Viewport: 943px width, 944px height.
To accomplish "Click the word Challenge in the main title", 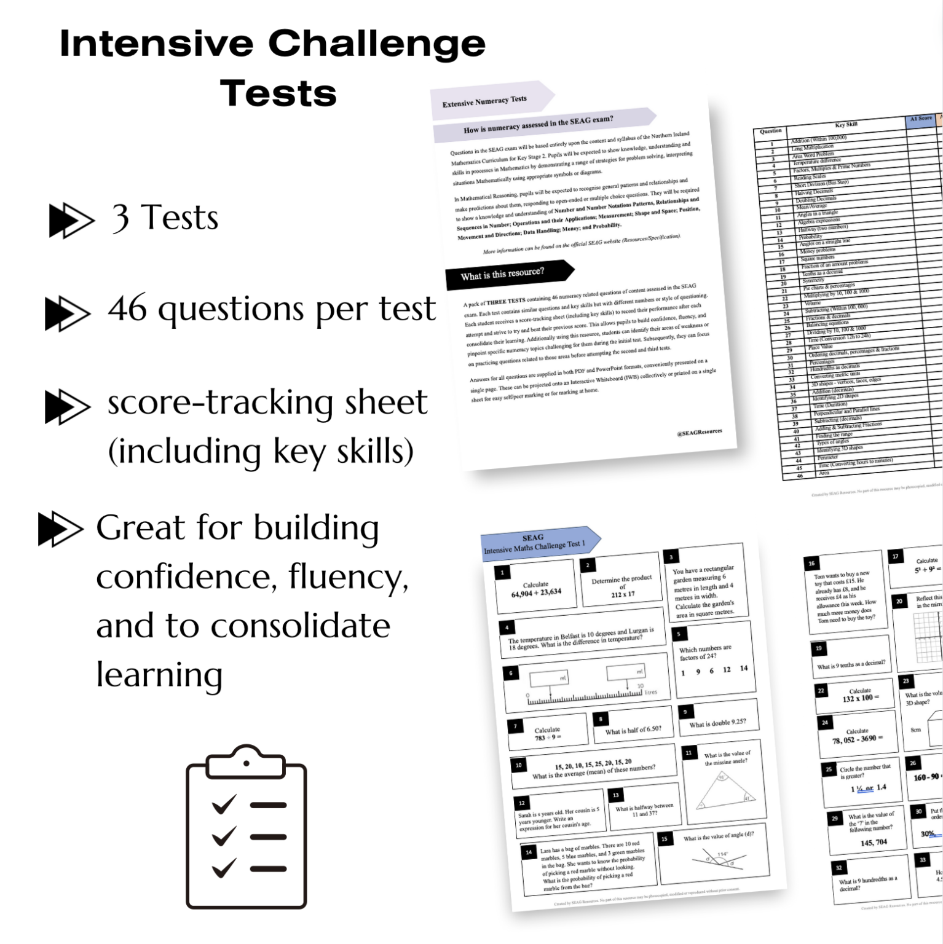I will (376, 44).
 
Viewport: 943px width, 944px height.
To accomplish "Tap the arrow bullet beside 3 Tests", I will (71, 221).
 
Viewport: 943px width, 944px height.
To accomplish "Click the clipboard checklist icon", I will (246, 826).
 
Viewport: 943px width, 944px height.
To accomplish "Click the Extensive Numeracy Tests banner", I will (486, 101).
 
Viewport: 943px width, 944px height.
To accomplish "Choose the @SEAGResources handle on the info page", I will (699, 433).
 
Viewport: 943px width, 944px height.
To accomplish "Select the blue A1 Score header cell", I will (920, 119).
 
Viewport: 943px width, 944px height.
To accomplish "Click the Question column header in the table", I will (771, 131).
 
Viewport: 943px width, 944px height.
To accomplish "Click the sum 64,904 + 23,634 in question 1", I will (536, 592).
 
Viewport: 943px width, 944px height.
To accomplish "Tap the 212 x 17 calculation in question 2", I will (623, 594).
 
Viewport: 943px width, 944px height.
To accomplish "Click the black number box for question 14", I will (529, 852).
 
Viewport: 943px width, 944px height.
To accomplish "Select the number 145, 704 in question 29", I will (874, 842).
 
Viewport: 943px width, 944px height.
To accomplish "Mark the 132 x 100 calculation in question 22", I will (860, 698).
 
